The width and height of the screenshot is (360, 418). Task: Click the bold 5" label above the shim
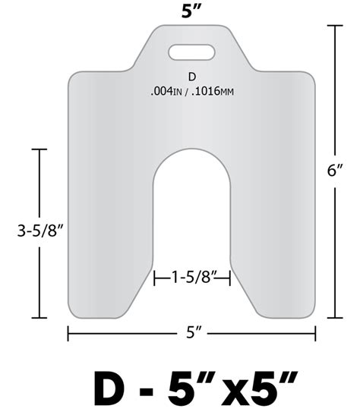click(191, 11)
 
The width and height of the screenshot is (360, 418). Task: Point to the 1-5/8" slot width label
click(191, 279)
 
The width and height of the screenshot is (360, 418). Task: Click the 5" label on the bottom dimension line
click(192, 334)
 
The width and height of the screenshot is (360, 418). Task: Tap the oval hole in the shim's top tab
click(191, 52)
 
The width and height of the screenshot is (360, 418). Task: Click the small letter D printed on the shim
click(191, 77)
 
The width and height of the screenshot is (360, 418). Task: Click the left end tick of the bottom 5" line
click(68, 334)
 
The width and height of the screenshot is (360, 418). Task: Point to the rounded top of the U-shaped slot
click(191, 152)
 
